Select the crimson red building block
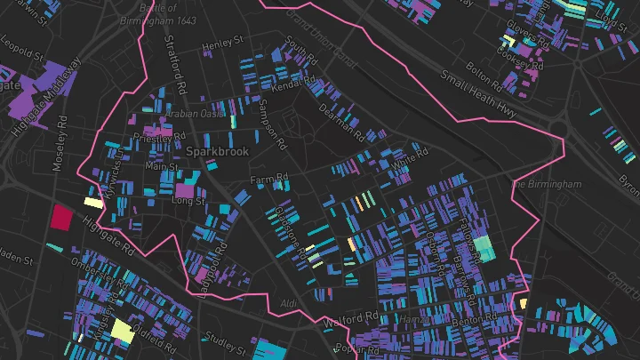point(61,217)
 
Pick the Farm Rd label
point(269,180)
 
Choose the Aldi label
point(289,304)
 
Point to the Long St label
point(188,201)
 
